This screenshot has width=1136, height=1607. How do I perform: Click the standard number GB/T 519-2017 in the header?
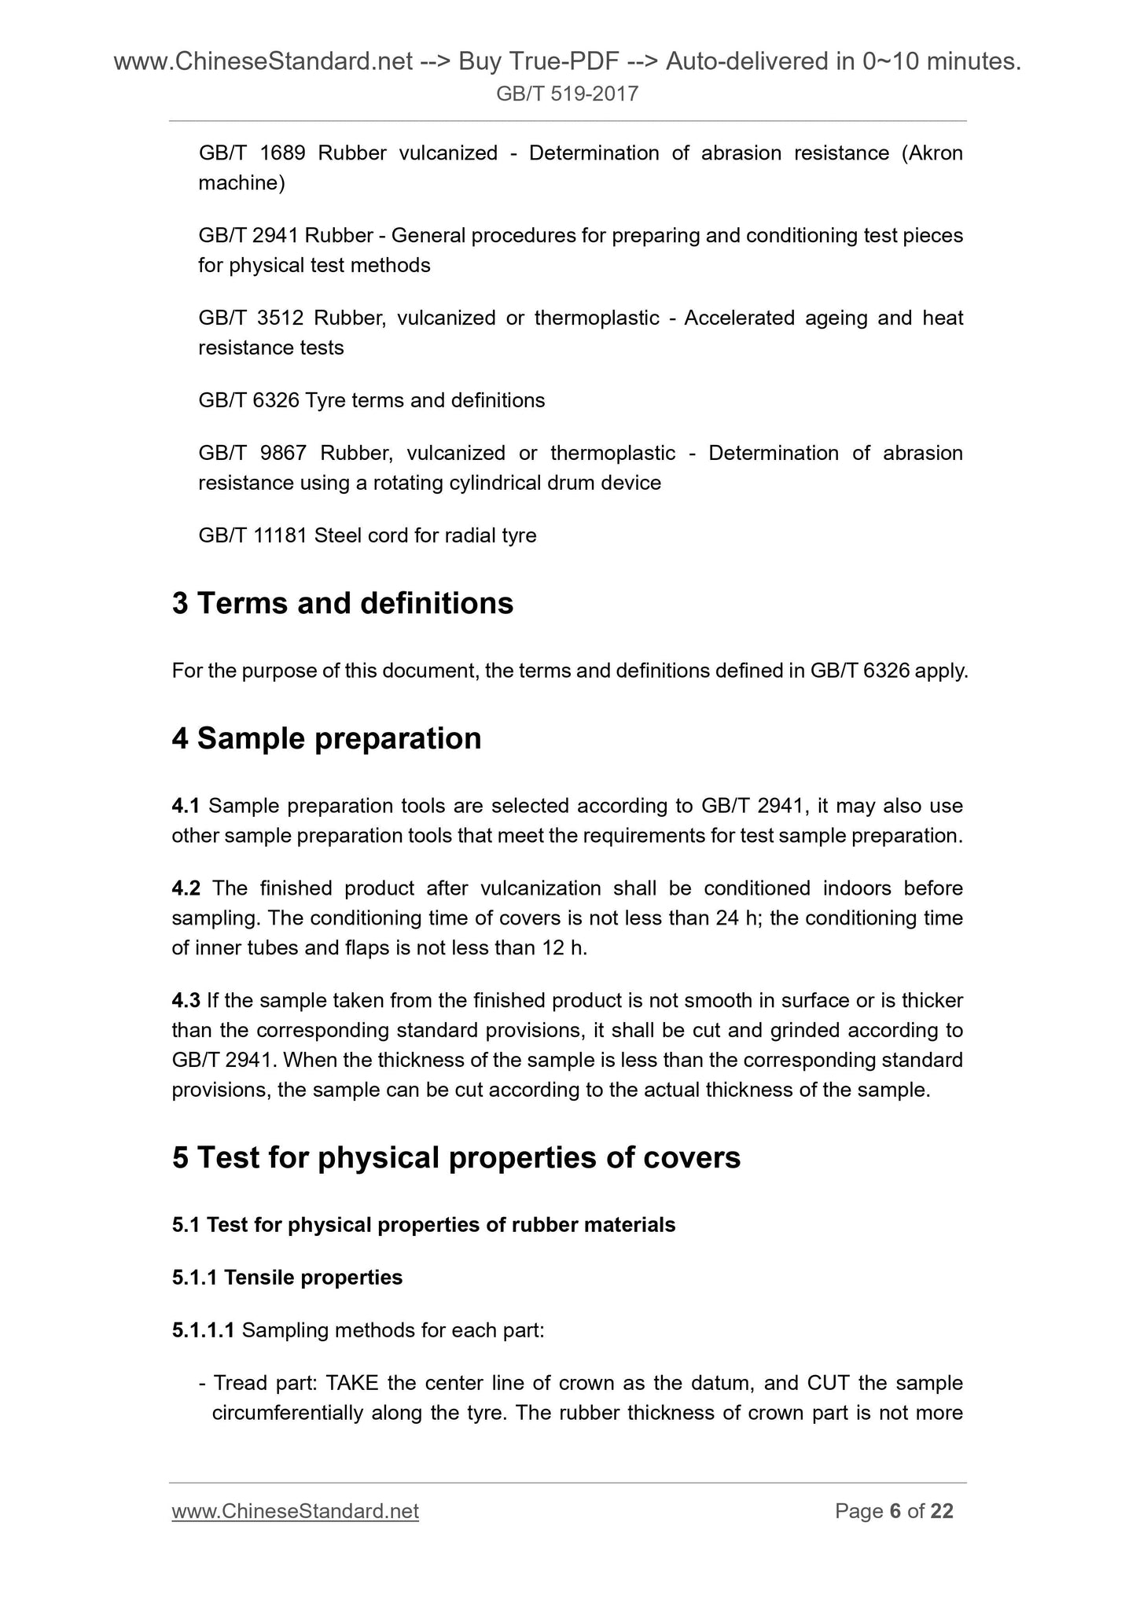[567, 95]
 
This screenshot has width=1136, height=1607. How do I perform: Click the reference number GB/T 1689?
[252, 153]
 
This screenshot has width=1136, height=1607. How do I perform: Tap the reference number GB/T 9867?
[252, 454]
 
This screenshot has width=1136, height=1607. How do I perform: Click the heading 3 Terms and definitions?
[343, 604]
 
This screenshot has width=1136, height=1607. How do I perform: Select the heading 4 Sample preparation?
[326, 739]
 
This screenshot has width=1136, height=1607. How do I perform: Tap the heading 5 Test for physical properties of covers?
[456, 1158]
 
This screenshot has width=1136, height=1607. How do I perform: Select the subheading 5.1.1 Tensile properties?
[287, 1278]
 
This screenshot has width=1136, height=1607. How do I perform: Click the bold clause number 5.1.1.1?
[203, 1330]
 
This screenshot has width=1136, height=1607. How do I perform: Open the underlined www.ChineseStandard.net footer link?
[295, 1512]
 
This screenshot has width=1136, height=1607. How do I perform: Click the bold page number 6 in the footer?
[895, 1512]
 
